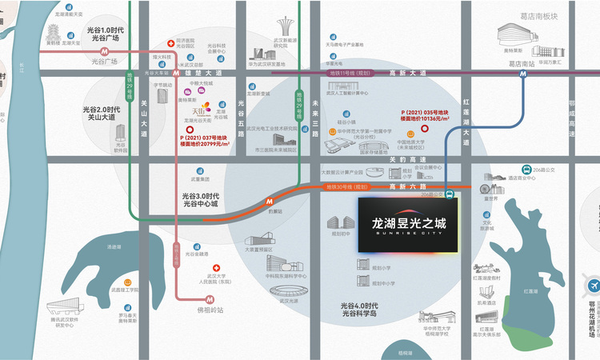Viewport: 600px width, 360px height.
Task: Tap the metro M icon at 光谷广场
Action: click(104, 51)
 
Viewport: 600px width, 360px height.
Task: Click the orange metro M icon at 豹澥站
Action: click(271, 202)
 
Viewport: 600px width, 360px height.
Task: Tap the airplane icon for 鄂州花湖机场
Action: click(593, 286)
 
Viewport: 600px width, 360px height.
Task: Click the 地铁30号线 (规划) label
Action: click(346, 187)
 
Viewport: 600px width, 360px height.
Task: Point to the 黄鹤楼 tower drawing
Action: click(54, 30)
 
